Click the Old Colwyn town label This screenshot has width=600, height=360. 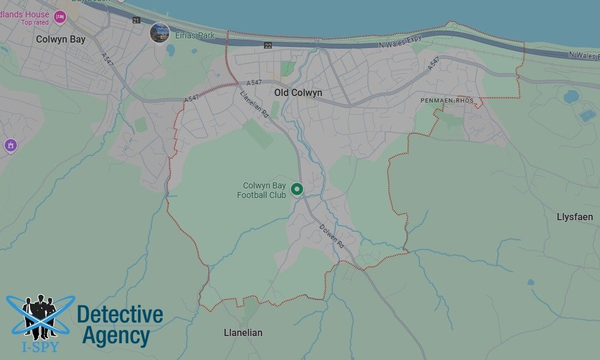(x=298, y=93)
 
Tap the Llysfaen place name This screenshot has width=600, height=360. (x=575, y=217)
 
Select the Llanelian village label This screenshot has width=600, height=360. (x=243, y=332)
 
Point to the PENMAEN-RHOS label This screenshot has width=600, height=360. (x=447, y=100)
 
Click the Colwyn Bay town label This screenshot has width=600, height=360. (x=61, y=40)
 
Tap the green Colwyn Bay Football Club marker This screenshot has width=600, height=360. (x=296, y=190)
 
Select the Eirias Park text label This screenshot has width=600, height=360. (x=195, y=35)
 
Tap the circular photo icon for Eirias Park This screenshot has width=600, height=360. (x=159, y=32)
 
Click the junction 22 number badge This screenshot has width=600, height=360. (x=268, y=46)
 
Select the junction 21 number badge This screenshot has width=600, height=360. (x=136, y=20)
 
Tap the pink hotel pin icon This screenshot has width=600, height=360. (x=59, y=17)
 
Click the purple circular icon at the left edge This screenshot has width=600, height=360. (x=10, y=145)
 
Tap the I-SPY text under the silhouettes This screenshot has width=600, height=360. (x=41, y=346)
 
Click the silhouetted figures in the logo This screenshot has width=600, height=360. (x=40, y=315)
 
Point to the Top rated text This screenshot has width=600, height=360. (x=34, y=22)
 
